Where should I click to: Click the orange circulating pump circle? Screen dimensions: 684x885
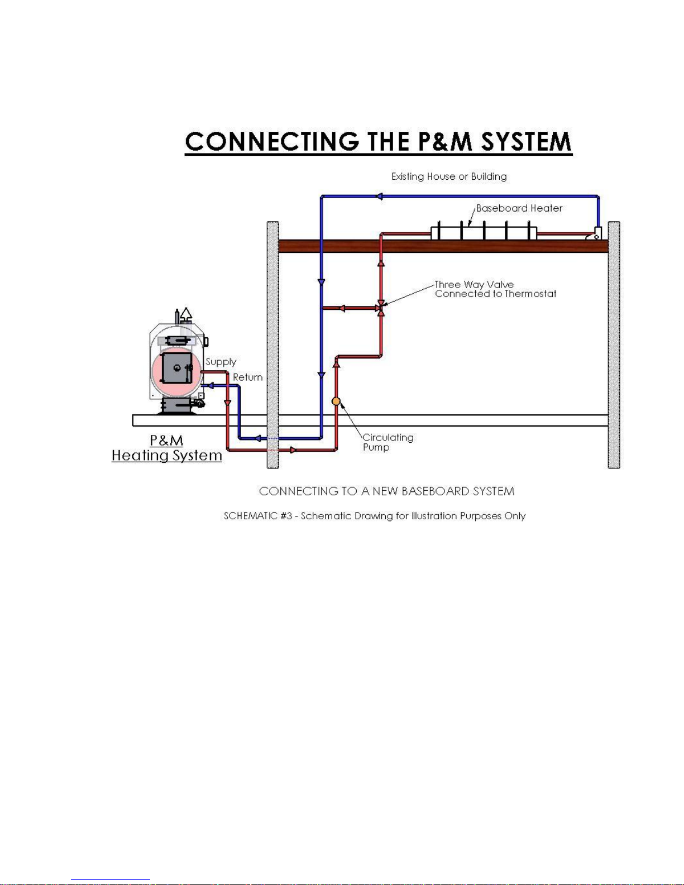coord(336,401)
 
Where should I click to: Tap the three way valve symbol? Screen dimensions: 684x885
coord(381,308)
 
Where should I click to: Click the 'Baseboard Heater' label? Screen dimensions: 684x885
coord(519,208)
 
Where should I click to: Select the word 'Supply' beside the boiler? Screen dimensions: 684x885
coord(221,362)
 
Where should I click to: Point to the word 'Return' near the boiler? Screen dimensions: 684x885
coord(247,377)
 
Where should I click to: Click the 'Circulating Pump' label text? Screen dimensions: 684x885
coord(388,442)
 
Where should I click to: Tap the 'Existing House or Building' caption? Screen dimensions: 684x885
coord(449,176)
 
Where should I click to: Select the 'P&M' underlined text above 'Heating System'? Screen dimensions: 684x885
coord(166,440)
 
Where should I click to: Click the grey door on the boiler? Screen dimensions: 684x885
coord(177,368)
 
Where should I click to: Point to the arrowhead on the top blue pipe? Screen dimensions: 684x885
coord(379,197)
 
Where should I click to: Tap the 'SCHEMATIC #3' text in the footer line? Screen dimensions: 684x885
coord(258,515)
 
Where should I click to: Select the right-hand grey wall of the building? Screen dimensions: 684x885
coord(614,345)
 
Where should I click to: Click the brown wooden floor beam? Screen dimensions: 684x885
coord(443,246)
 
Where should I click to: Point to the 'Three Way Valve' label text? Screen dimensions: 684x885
coord(474,284)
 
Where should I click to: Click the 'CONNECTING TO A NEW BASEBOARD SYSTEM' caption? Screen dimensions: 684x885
coord(387,491)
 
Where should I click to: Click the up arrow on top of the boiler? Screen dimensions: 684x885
coord(186,314)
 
